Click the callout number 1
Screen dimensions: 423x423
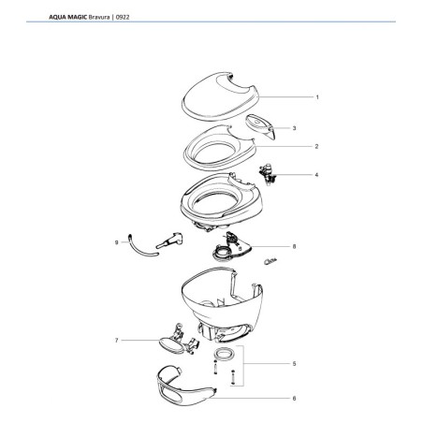click(317, 97)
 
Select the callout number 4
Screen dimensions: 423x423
click(317, 175)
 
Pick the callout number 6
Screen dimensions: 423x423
click(294, 398)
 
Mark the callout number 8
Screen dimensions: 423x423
click(294, 247)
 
